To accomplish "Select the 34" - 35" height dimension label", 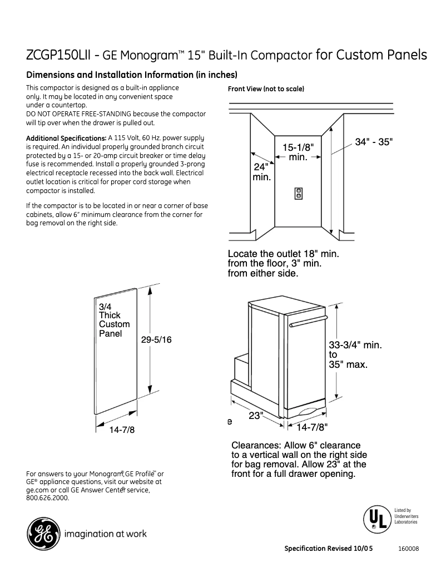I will [x=374, y=142].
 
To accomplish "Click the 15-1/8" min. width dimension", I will [x=298, y=152].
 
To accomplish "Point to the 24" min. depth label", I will [x=261, y=172].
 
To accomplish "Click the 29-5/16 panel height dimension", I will [x=156, y=339].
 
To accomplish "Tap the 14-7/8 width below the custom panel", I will [x=122, y=430].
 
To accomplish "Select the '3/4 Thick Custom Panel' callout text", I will [x=114, y=320].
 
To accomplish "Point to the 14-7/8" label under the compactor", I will [x=312, y=427].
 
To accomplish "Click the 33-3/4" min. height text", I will [x=355, y=345].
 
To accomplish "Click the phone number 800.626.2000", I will [x=48, y=498].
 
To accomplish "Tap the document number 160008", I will [x=408, y=549].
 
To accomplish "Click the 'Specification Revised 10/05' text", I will [x=328, y=549].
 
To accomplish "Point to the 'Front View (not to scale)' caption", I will [x=266, y=89].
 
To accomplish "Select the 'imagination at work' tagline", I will [x=106, y=534].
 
